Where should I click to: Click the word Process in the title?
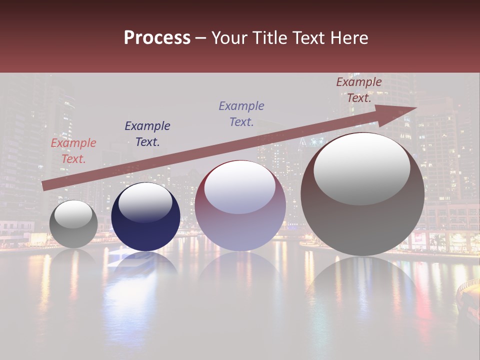[x=157, y=38]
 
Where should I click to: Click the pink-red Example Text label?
[x=73, y=151]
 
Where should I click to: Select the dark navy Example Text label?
[x=147, y=134]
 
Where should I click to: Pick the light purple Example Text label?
[x=241, y=113]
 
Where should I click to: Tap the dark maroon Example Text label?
[x=358, y=90]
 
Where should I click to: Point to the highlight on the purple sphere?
[x=240, y=188]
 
